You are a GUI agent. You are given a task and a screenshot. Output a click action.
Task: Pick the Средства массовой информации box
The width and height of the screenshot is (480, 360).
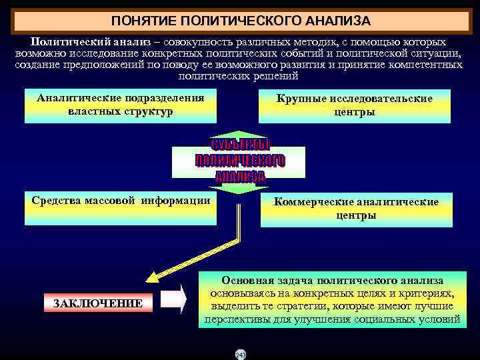click(x=121, y=207)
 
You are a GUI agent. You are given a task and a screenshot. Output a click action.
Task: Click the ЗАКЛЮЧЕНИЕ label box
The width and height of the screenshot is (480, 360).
click(x=97, y=303)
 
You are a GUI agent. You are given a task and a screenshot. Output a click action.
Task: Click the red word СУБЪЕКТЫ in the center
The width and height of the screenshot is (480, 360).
click(x=240, y=146)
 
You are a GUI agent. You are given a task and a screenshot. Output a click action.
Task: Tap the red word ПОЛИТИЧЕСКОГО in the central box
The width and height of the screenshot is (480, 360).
click(x=240, y=161)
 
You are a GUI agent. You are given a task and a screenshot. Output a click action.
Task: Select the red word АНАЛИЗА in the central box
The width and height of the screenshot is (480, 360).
click(x=240, y=177)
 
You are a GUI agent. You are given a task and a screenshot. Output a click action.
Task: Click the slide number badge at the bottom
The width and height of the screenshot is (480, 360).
click(x=240, y=353)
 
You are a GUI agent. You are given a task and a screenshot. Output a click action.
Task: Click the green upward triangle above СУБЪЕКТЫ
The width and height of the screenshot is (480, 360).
click(x=240, y=135)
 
